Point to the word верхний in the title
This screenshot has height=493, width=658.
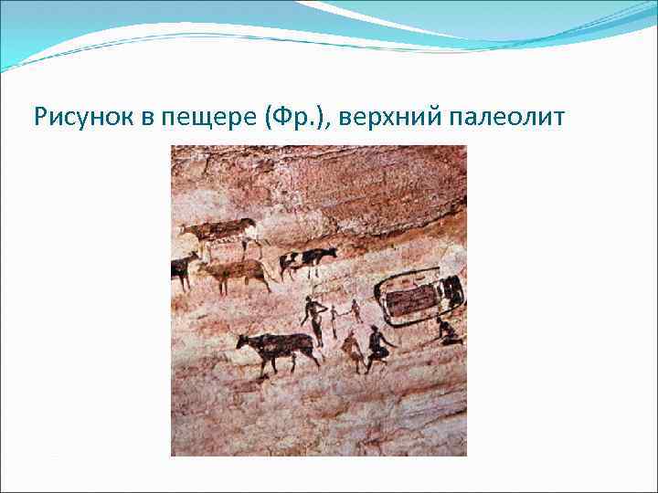pyautogui.click(x=380, y=117)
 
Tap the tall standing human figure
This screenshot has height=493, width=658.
pyautogui.click(x=315, y=320)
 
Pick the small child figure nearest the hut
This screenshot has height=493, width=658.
pyautogui.click(x=356, y=311)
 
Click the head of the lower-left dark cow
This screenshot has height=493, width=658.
pyautogui.click(x=244, y=342)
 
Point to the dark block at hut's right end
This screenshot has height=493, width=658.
pyautogui.click(x=451, y=291)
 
